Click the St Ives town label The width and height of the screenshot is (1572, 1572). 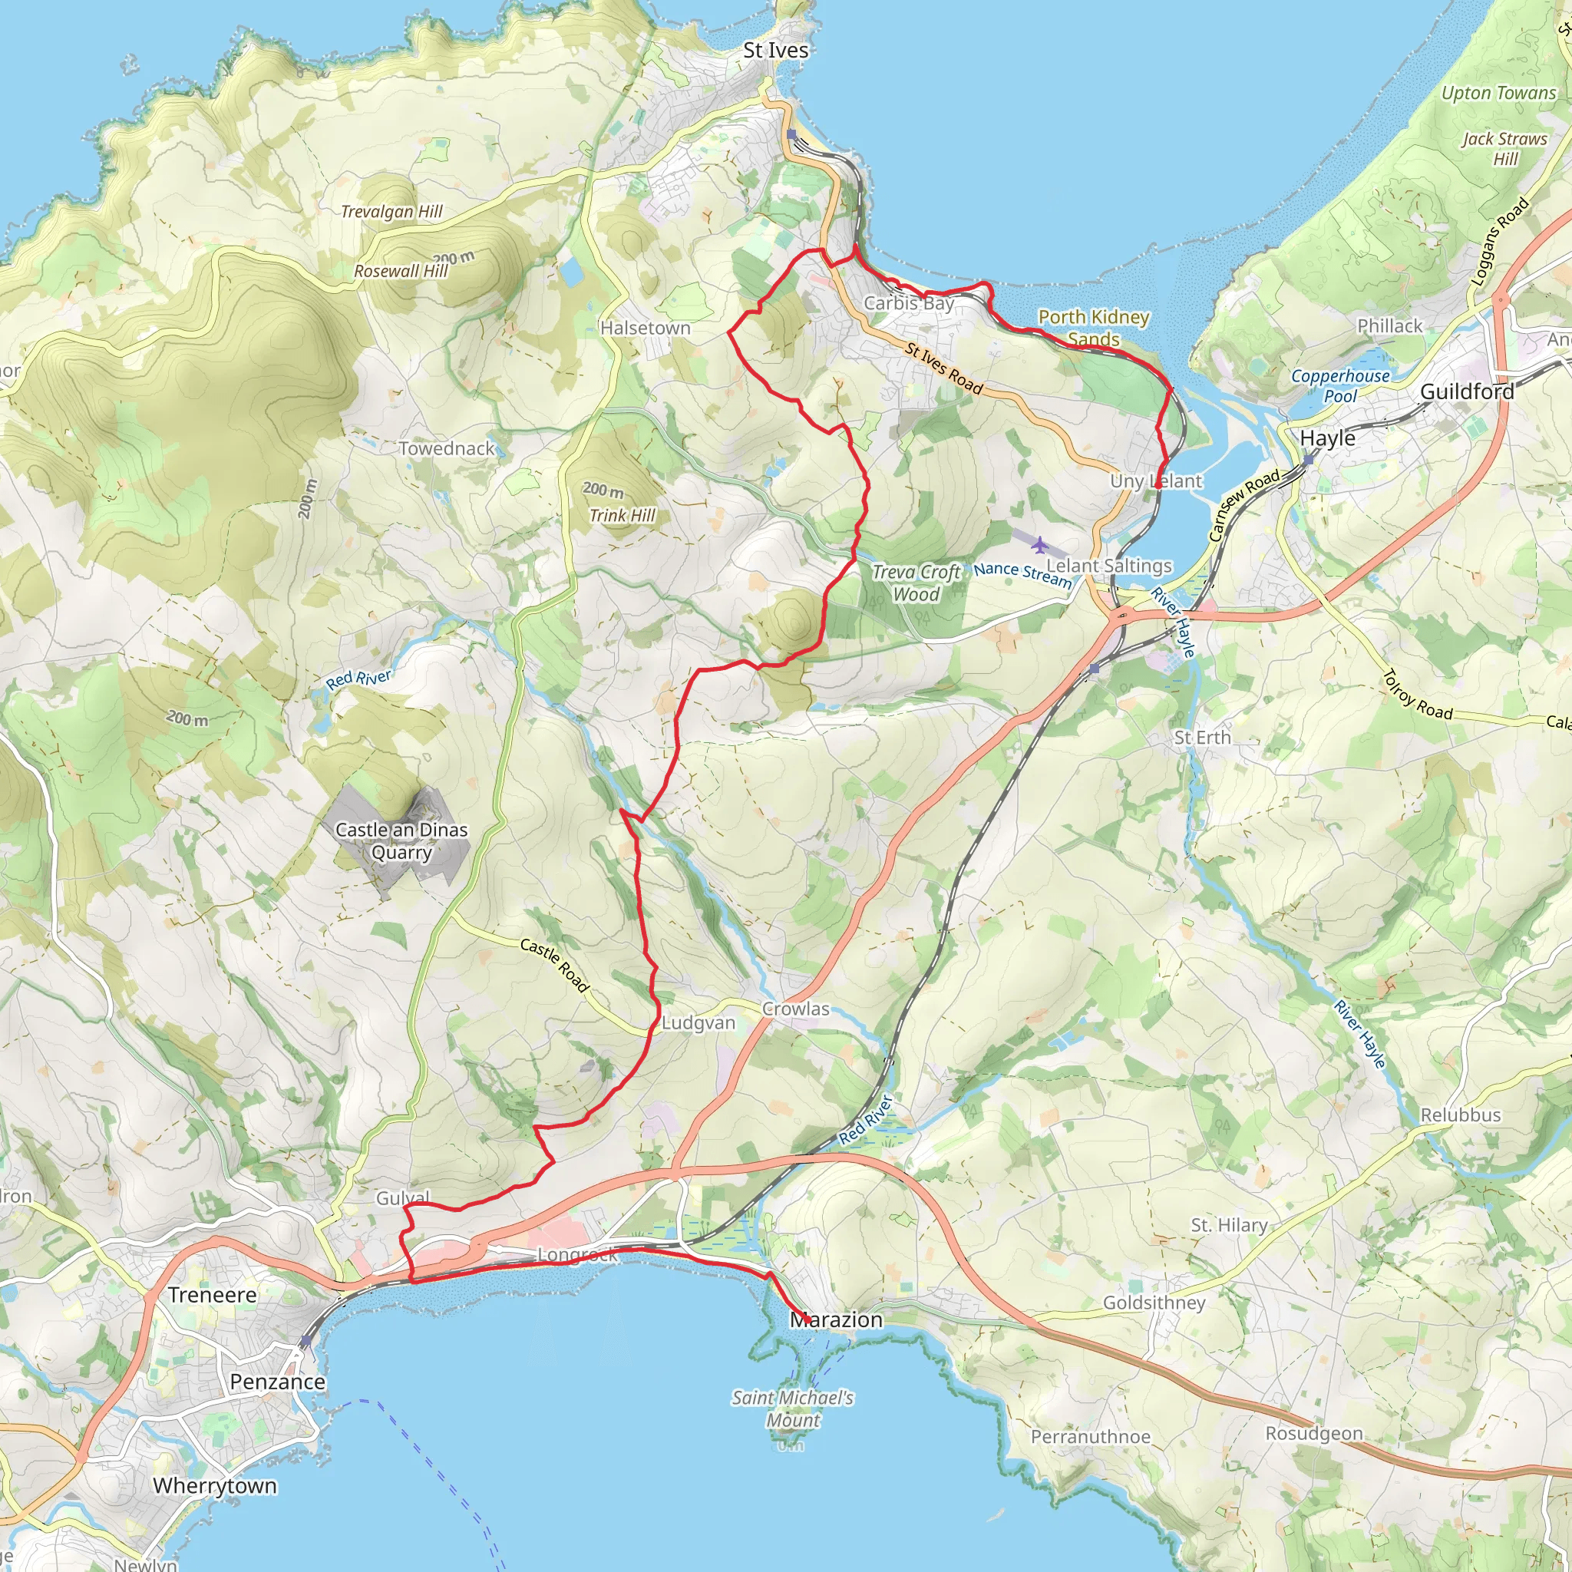point(775,51)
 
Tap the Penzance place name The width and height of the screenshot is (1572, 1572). point(277,1382)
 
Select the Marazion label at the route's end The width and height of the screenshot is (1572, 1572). point(837,1319)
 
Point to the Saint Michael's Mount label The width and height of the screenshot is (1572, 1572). point(792,1409)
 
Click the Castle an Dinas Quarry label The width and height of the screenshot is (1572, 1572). point(401,840)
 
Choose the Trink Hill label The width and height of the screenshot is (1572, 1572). point(622,515)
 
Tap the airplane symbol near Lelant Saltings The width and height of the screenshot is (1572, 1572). point(1040,543)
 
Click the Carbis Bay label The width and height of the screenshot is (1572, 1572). point(908,302)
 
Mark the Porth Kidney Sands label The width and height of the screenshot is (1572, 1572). point(1094,327)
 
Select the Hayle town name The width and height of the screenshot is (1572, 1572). point(1327,438)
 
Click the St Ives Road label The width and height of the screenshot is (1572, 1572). point(944,368)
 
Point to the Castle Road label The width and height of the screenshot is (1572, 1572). point(554,965)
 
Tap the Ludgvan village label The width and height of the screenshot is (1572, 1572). point(698,1022)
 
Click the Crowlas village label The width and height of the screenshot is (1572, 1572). point(795,1009)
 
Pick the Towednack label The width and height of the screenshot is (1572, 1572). point(446,448)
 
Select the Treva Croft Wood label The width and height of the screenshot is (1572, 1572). point(916,583)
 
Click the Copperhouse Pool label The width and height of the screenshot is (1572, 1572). point(1340,385)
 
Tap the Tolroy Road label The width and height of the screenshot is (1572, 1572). point(1418,695)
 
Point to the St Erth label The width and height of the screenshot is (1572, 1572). point(1202,737)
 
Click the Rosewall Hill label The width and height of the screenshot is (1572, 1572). point(401,271)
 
